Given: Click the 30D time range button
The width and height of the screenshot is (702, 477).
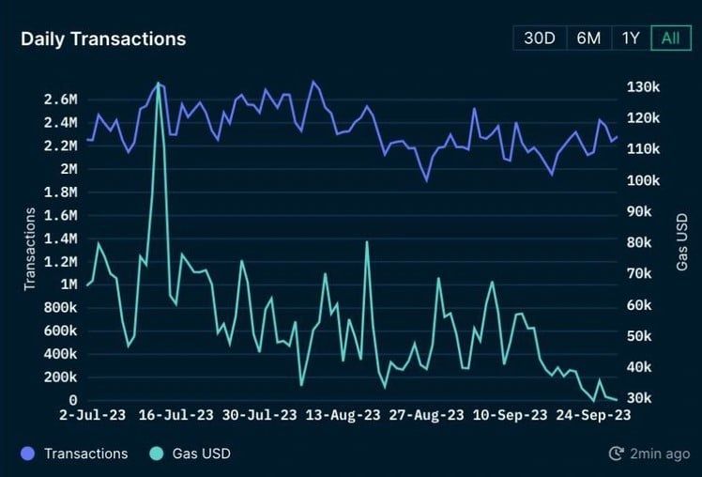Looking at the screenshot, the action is point(540,38).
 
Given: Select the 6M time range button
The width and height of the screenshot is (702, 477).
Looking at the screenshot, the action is point(588,38).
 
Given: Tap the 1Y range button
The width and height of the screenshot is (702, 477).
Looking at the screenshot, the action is point(631,38).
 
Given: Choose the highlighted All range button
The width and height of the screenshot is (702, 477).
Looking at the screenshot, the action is point(671,38).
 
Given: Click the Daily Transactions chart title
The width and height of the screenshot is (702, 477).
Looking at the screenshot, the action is point(103,38).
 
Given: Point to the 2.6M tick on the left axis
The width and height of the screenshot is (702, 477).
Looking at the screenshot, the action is point(60,100).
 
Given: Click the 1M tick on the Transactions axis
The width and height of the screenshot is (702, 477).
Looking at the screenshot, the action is point(69,285).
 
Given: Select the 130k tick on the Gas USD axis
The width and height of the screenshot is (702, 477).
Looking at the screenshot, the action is point(644,87).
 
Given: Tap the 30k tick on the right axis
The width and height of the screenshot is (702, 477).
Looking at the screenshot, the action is point(639,398).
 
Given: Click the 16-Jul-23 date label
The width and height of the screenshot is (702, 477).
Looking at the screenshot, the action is point(175,415).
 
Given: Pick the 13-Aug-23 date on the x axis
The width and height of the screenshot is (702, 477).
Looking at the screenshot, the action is point(343,415).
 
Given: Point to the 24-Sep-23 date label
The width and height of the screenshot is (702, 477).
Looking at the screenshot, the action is point(593,415).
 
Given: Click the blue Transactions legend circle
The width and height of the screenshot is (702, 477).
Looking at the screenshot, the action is point(28,454).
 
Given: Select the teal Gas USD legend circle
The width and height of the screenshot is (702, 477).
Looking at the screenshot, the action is point(156,454).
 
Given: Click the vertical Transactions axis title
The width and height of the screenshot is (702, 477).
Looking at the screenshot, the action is point(29,249).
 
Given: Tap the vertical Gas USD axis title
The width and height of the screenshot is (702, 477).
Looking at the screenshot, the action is point(682,242).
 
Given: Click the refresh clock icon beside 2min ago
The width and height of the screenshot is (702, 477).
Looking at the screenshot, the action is point(616,454).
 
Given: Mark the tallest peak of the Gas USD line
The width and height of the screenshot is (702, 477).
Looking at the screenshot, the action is point(158,83).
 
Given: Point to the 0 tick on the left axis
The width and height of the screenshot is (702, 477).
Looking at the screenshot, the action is point(73,400).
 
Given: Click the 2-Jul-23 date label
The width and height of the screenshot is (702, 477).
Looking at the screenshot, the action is point(93,415).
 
